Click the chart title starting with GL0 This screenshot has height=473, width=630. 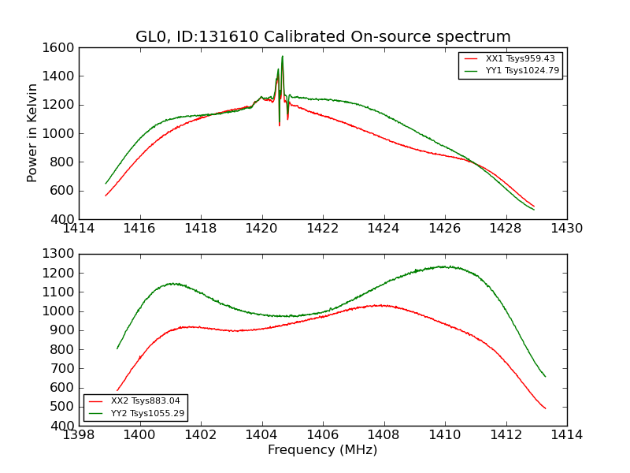[323, 37]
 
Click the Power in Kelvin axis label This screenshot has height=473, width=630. [33, 132]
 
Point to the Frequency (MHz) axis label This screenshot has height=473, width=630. [322, 450]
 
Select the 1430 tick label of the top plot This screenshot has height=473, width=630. [566, 229]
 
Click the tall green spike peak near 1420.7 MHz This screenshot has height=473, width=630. [282, 56]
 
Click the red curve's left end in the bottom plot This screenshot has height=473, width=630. [117, 390]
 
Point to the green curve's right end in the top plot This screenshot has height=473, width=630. [534, 210]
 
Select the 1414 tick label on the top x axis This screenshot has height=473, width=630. [79, 229]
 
